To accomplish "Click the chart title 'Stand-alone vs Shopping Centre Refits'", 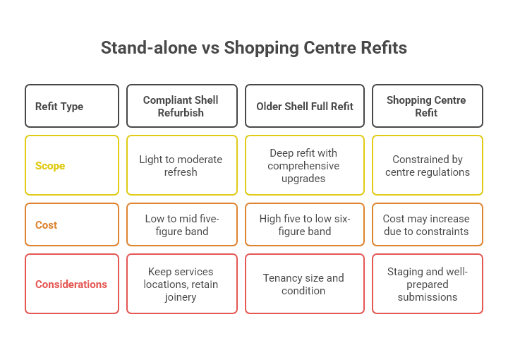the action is coord(254,48).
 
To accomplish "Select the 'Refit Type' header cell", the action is coord(72,106).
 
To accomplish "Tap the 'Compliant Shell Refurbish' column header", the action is coord(182,106).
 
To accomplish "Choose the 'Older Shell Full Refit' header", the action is coord(305,106).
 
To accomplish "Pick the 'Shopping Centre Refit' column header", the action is coord(428,106).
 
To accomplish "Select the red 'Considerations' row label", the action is coord(72,284).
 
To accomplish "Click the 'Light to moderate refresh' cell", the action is coord(182,165).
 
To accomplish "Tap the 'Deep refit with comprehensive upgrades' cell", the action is coord(305,165).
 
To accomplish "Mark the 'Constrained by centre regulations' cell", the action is coord(428,165).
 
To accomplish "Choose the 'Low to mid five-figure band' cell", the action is coord(182,224).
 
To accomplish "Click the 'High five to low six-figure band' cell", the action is coord(305,224).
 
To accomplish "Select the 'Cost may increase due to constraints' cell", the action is coord(428,224).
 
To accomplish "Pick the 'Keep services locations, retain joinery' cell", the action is coord(182,284).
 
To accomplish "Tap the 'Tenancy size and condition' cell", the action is coord(305,284).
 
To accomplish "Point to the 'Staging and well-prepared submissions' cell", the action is coord(428,284).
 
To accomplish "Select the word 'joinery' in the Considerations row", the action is coord(181,297).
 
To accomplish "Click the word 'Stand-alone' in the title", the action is coord(149,47).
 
